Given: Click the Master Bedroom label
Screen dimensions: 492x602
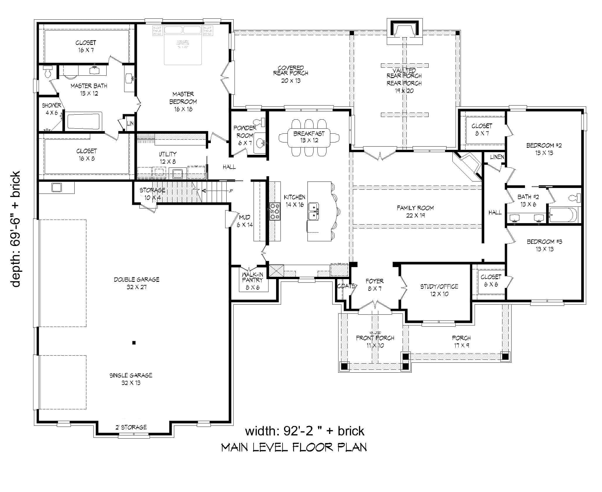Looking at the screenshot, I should pos(183,101).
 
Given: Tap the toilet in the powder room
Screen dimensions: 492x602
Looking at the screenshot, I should pos(259,122).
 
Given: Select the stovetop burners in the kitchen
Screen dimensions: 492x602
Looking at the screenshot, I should pos(275,211).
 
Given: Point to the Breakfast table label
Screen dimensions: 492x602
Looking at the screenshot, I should pos(309,137).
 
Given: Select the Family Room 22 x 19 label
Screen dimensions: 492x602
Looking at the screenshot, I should pos(415,211).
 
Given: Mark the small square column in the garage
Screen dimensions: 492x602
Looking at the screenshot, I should pos(134,342).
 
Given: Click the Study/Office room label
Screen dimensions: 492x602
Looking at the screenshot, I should pos(439,290).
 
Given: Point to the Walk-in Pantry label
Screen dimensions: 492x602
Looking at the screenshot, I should pos(252,281).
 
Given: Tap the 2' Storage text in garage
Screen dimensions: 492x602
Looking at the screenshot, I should pos(131,427).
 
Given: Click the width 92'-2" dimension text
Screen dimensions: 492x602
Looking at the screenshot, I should pos(305,431).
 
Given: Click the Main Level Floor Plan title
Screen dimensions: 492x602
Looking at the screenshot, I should pos(294,447).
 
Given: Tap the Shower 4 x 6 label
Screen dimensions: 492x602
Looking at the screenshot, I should pos(52,109).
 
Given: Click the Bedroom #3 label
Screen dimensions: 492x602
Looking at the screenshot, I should pos(544,245).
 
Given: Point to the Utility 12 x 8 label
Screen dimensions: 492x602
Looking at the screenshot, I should pos(167,157).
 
